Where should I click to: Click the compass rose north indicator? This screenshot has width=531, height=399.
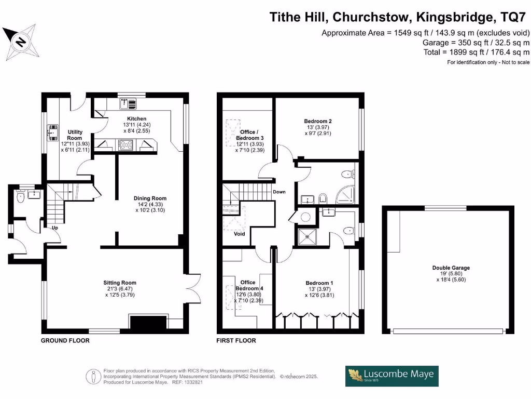20,42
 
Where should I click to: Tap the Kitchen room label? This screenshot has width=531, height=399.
137,119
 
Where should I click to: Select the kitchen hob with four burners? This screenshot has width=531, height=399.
125,145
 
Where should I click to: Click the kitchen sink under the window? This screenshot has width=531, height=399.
128,103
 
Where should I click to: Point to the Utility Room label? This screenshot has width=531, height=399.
75,135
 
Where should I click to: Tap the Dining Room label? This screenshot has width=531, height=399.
150,198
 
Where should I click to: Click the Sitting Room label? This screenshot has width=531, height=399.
120,283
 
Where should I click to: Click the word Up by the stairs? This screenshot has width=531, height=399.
55,228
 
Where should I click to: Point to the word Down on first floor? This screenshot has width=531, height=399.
279,192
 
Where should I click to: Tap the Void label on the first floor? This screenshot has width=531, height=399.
240,234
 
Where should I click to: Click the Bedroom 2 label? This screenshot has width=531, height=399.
318,121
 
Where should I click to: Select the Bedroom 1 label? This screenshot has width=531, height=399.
319,283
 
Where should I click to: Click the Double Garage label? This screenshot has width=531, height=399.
451,268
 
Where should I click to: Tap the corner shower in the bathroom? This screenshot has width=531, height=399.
345,194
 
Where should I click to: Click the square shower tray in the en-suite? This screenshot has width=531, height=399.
308,237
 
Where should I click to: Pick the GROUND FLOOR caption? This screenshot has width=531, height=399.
65,341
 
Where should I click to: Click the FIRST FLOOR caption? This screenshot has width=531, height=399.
236,341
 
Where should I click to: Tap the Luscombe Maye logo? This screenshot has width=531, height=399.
392,376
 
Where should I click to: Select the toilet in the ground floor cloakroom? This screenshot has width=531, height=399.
21,196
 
